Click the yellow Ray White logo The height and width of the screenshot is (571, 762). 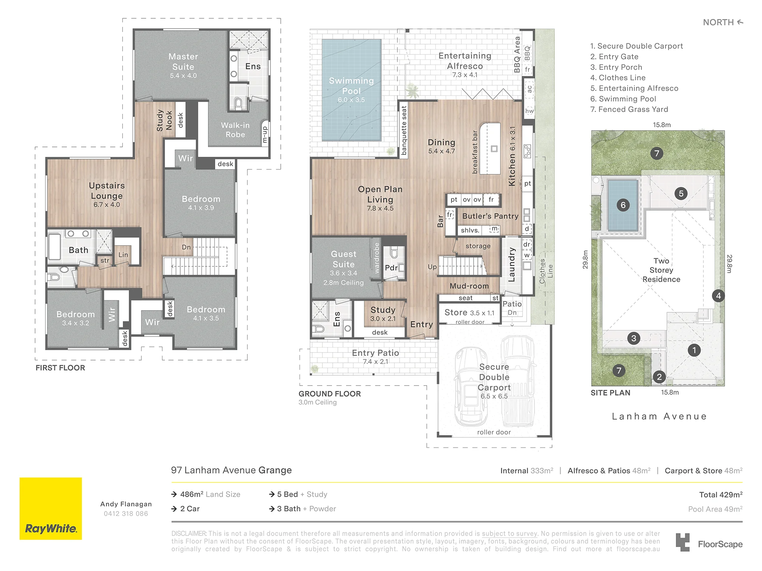tap(51, 509)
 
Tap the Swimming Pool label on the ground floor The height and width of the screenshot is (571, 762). tap(351, 86)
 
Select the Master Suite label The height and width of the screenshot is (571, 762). tap(183, 62)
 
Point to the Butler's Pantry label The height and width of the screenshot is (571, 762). tap(490, 216)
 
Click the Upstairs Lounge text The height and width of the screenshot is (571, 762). tap(107, 191)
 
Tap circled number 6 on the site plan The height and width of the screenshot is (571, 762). tap(623, 205)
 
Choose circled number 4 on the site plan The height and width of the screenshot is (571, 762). tap(718, 296)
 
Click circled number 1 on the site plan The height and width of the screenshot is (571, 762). tap(694, 350)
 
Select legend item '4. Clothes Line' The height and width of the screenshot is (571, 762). tap(618, 78)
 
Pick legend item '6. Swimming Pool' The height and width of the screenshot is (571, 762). tap(623, 99)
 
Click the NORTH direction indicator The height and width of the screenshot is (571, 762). tap(723, 22)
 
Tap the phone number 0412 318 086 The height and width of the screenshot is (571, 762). tap(126, 514)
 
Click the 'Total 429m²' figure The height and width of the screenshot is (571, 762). tap(721, 494)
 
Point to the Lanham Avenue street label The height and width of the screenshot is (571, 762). tap(659, 416)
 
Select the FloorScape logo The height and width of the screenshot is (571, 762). tap(709, 543)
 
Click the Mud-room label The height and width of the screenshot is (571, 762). tap(469, 286)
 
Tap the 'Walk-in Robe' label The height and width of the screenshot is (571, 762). tap(235, 130)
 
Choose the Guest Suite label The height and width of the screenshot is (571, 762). tap(344, 259)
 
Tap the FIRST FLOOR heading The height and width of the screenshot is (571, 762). tap(60, 368)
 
